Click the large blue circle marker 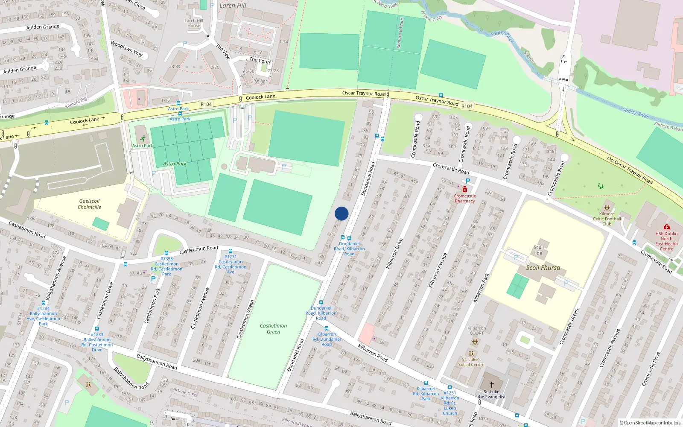pos(341,213)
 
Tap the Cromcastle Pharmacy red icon pos(465,190)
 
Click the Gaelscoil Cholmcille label pos(89,204)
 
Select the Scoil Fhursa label pos(543,268)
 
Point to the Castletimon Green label pos(273,328)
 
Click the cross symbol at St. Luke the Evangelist pos(491,385)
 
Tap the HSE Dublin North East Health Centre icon pos(666,227)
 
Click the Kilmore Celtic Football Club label pos(607,219)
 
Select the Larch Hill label pos(233,6)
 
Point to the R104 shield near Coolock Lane pos(206,104)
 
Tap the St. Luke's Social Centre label pos(471,362)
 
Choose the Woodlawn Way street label pos(126,48)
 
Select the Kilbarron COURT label pos(476,330)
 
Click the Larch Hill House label pos(194,23)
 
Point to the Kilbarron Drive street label pos(394,254)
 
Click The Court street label pos(260,60)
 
